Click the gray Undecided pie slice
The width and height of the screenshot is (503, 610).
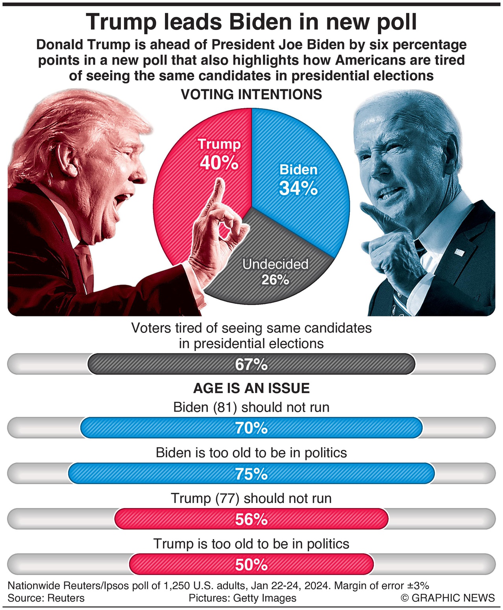click(272, 244)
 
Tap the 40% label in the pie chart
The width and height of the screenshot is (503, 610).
click(219, 163)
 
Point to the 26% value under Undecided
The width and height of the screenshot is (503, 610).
click(275, 280)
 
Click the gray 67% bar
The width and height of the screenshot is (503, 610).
click(251, 364)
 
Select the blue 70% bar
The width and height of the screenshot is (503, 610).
click(251, 428)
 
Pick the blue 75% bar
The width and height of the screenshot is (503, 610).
click(251, 473)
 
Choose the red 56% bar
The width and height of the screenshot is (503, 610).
click(251, 519)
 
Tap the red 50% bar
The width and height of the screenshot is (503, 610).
click(251, 565)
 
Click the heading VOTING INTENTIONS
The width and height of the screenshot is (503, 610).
click(251, 94)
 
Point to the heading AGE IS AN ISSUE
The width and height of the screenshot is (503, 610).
click(251, 388)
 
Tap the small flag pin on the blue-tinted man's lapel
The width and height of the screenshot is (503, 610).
click(459, 252)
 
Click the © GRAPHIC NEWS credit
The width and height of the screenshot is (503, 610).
click(448, 598)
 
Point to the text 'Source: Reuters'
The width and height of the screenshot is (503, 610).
click(46, 598)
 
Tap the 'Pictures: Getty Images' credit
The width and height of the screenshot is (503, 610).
click(242, 598)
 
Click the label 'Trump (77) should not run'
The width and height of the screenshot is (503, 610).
click(251, 498)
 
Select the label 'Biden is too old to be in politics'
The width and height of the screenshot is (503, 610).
click(251, 453)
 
